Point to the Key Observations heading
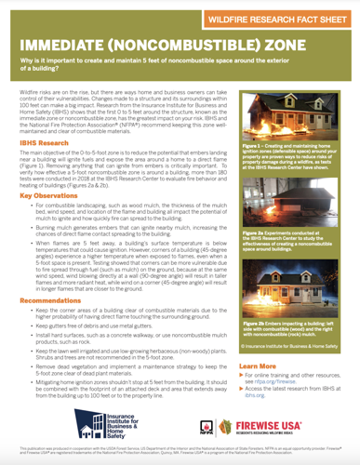point(49,196)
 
